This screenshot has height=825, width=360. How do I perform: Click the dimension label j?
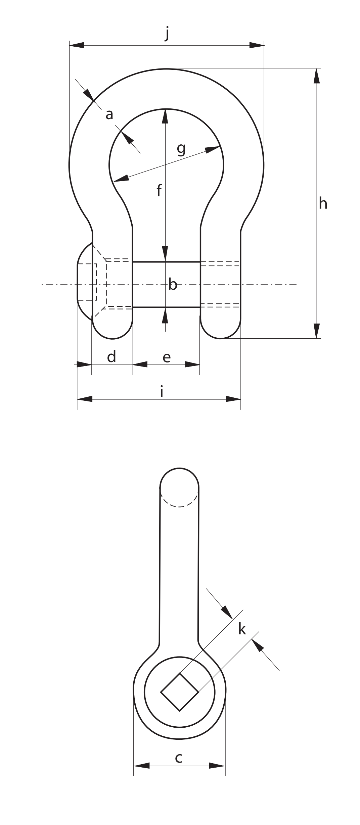point(167,34)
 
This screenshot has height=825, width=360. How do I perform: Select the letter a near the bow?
point(109,115)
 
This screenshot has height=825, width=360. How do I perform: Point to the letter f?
point(159,190)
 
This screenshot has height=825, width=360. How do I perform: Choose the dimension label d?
point(111,356)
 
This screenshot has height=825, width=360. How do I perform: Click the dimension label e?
point(167,358)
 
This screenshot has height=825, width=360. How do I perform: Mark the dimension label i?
point(162,391)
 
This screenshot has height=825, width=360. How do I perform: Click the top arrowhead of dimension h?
point(316,76)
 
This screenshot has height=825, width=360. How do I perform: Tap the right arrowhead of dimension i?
point(233,399)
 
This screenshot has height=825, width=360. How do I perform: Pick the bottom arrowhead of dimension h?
point(316,331)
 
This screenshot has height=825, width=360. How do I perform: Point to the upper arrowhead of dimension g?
point(213,149)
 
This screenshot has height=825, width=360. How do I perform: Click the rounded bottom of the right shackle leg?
point(221,338)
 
